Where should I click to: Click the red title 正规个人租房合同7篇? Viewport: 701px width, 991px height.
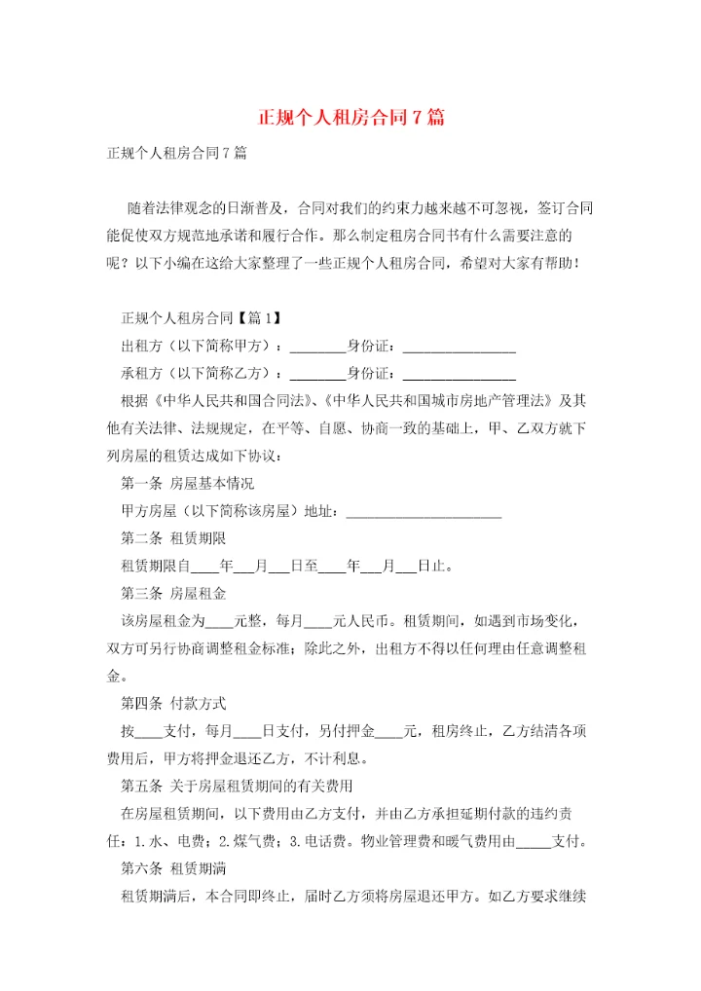point(350,118)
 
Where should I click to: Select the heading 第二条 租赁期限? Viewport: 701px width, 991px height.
point(174,537)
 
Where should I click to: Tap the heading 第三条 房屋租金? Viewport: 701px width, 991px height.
point(174,592)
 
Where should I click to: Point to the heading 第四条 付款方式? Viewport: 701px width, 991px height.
point(174,702)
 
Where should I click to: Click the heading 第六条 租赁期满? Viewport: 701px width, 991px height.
point(174,866)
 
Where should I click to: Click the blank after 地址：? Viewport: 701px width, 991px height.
point(424,512)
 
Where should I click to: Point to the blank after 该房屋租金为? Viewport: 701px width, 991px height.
point(220,621)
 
